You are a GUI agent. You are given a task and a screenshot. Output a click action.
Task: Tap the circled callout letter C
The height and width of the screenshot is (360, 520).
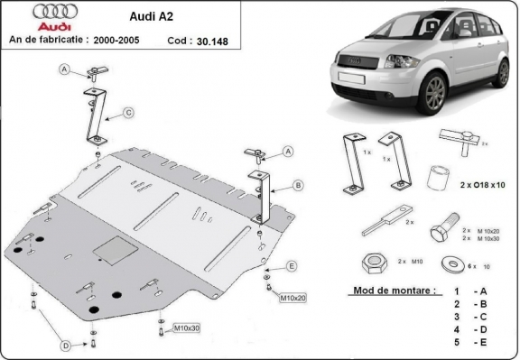click(128, 112)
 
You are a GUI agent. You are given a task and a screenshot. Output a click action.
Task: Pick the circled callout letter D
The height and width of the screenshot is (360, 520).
click(65, 346)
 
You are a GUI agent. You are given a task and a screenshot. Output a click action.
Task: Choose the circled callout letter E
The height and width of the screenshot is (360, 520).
click(292, 265)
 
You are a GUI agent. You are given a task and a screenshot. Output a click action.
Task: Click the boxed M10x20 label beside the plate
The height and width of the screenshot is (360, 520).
click(293, 297)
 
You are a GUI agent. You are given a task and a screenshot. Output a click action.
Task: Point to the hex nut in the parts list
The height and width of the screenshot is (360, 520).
click(371, 264)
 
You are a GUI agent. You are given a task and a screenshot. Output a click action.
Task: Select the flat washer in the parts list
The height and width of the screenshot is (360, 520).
click(448, 263)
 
